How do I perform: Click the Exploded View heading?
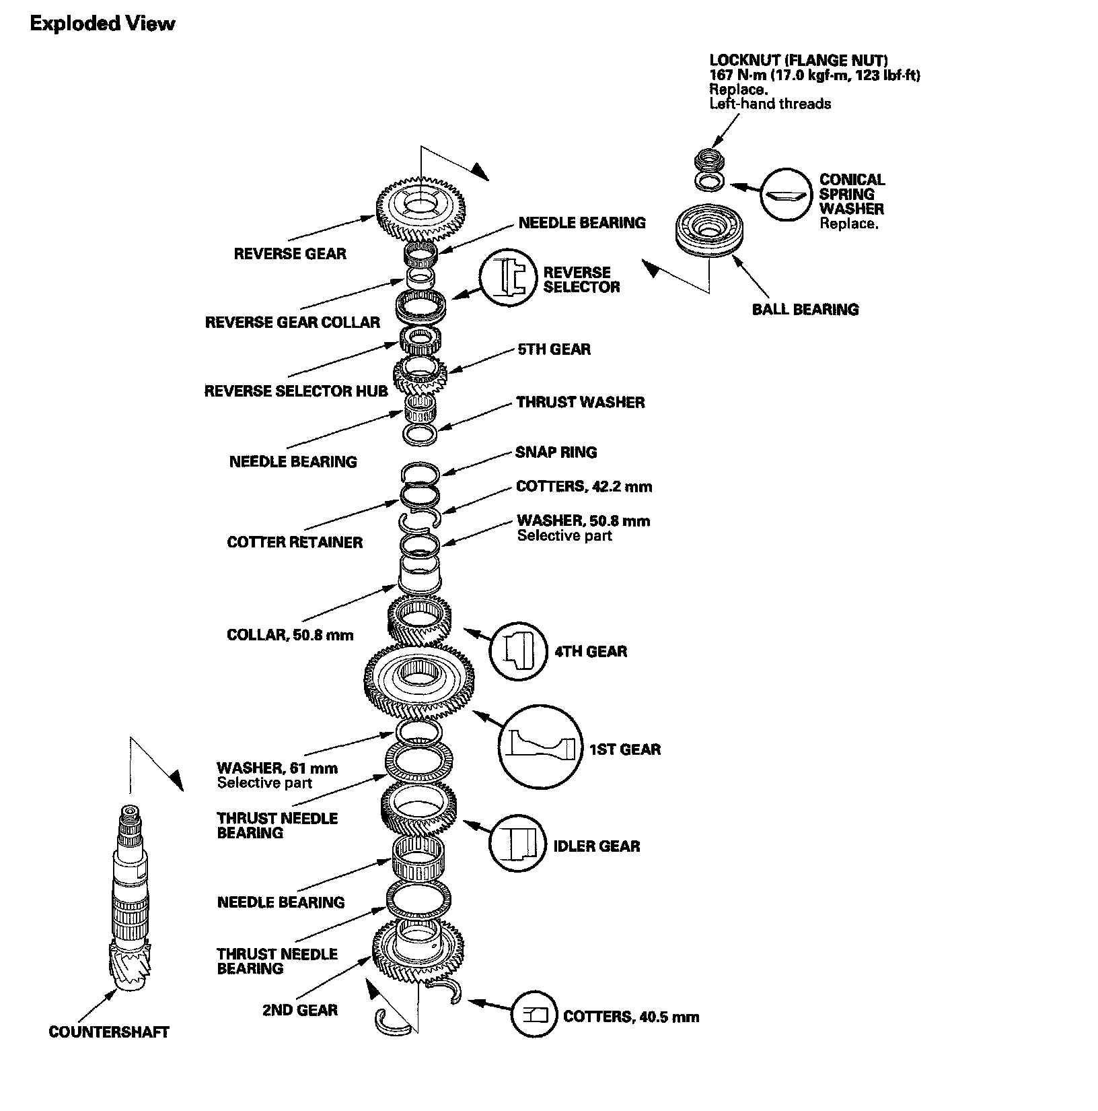(x=102, y=24)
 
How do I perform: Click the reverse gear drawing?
(x=420, y=206)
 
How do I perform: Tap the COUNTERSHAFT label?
(x=109, y=1032)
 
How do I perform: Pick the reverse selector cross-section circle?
(x=508, y=282)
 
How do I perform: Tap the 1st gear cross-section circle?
(x=540, y=748)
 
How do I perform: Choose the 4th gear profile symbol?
(x=518, y=650)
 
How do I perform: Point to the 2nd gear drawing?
(x=418, y=951)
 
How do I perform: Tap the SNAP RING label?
(x=556, y=452)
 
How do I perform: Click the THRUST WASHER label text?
(x=580, y=403)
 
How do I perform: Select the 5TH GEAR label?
(x=554, y=349)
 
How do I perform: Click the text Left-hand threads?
(x=770, y=104)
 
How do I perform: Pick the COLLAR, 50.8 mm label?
(x=290, y=635)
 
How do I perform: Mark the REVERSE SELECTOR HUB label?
(x=296, y=391)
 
